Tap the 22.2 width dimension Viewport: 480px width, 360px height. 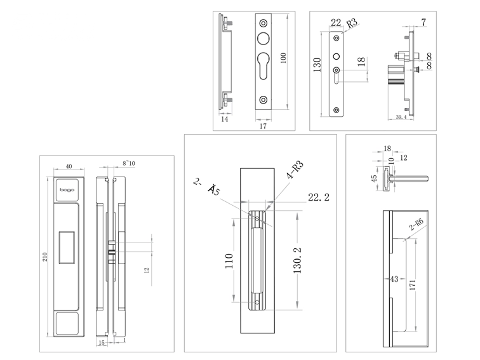click(x=318, y=197)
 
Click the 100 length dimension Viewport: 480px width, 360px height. click(x=284, y=58)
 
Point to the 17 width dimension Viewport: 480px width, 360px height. click(x=262, y=126)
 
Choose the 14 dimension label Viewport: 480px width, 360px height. click(x=224, y=119)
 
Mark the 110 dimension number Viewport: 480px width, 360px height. click(x=229, y=261)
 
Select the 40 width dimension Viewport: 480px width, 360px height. click(x=68, y=166)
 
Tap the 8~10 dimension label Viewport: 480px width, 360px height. click(x=129, y=164)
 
